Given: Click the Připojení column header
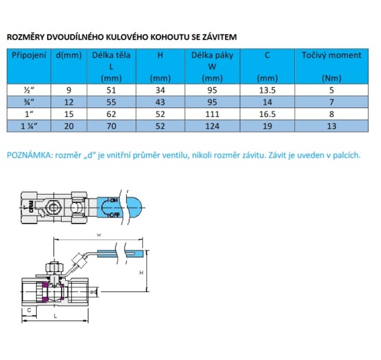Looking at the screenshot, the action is (29, 55).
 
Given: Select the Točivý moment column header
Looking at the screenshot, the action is (331, 55).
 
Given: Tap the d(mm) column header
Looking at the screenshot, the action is (69, 55).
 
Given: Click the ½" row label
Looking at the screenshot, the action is (29, 90).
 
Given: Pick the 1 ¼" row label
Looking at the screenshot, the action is (29, 126).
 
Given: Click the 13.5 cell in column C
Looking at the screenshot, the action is (267, 90).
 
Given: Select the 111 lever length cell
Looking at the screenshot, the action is (212, 114).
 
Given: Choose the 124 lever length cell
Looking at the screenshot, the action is (212, 126).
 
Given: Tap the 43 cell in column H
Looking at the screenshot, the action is (160, 102).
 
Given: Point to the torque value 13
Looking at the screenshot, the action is (331, 126).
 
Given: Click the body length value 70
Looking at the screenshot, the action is (112, 126).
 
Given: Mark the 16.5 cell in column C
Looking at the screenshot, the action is (267, 114).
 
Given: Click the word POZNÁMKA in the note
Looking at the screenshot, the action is (29, 155).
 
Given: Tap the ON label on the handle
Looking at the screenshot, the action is (114, 201).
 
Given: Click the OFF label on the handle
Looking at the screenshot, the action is (114, 215).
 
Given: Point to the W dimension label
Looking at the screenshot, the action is (99, 235).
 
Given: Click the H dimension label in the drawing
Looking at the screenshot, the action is (141, 273).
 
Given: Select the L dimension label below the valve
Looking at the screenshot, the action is (55, 316).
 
